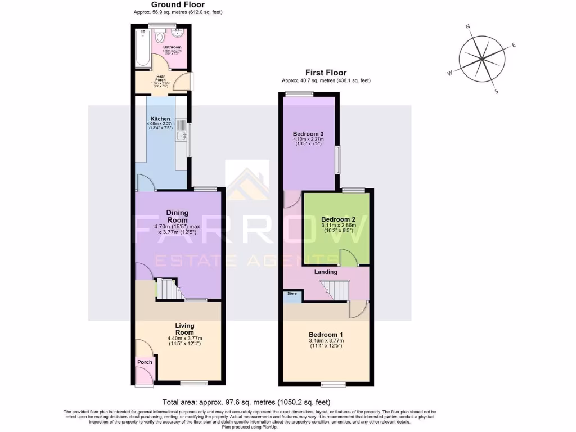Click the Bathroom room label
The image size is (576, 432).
[x=172, y=47]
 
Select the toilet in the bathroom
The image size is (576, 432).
[x=161, y=37]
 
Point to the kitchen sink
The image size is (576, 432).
[x=181, y=136]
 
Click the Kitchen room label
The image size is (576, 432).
[x=160, y=119]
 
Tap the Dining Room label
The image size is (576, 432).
[x=177, y=216]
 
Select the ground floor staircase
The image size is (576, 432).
[x=167, y=289]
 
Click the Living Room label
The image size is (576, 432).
[x=184, y=329]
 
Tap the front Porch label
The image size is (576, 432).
[x=145, y=362]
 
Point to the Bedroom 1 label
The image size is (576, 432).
[x=326, y=335]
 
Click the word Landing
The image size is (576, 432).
[x=326, y=272]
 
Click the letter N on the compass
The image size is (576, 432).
[x=467, y=26]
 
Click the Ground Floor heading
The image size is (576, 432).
[x=174, y=4]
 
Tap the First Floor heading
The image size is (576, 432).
[x=326, y=73]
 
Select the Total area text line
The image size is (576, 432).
[x=246, y=402]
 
